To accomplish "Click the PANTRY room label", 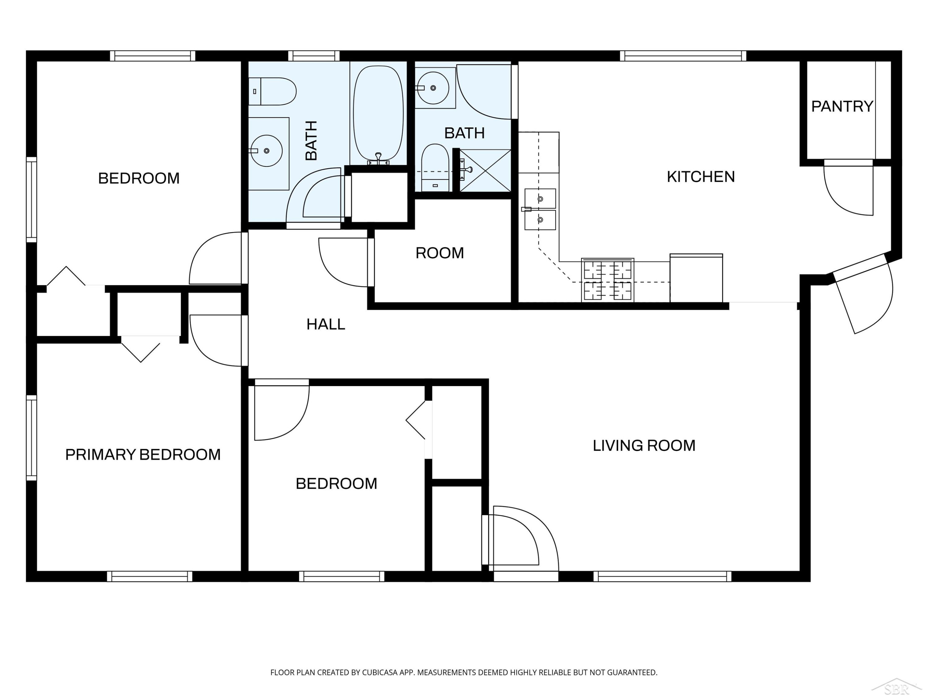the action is [x=842, y=106].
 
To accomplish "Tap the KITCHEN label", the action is [x=701, y=177].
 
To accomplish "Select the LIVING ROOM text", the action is [x=644, y=445].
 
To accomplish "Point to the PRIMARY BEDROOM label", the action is [x=143, y=455].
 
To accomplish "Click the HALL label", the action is [x=325, y=324].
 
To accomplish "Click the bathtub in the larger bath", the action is [x=378, y=114].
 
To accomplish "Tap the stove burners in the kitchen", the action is [x=608, y=280].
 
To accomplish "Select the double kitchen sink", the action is [x=540, y=209].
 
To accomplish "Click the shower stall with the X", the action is [x=485, y=170].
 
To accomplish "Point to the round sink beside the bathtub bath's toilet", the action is [x=267, y=151].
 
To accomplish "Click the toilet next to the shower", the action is [x=435, y=168].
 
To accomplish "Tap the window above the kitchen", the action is [x=683, y=56].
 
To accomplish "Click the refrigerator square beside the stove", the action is [x=696, y=278].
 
